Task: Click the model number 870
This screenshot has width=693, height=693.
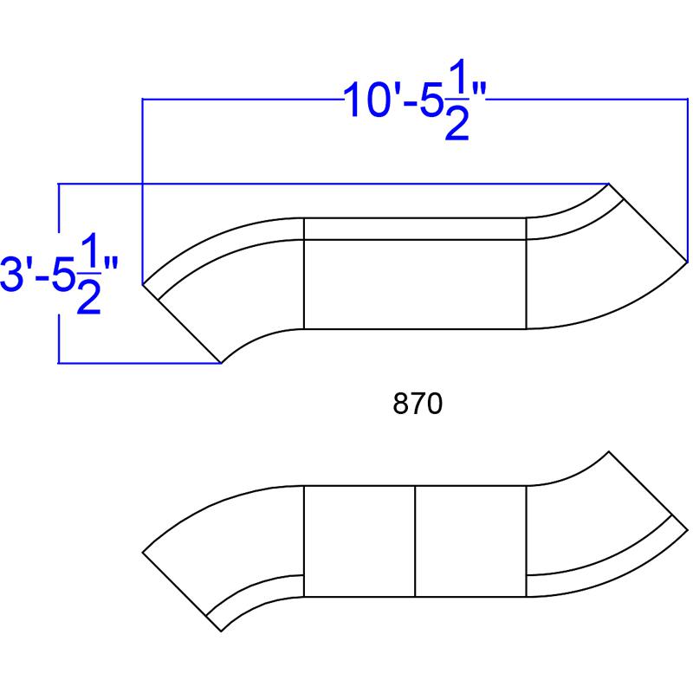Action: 418,404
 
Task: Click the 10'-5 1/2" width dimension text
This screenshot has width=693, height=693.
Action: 415,100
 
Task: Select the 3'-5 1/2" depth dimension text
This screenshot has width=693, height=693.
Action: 60,274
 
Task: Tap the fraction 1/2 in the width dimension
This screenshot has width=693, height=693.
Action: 457,100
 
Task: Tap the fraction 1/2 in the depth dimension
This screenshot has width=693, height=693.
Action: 89,274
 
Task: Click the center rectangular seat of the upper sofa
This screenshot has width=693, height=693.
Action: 415,284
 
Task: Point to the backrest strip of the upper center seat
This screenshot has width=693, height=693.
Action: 415,229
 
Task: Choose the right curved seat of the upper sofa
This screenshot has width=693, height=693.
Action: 601,274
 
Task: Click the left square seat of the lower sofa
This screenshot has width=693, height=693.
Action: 359,541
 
